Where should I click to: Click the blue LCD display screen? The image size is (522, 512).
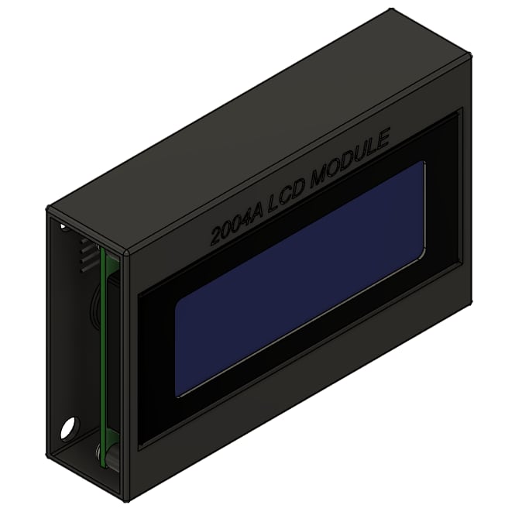(300, 279)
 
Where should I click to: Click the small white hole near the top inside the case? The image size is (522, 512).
(63, 227)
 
